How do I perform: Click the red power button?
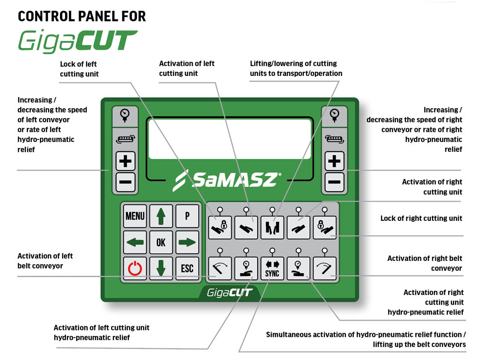[x=135, y=268]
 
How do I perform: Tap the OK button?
[x=161, y=242]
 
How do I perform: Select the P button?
[x=187, y=216]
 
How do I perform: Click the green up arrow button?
[x=161, y=216]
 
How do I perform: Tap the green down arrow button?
[x=161, y=268]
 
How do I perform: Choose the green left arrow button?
[x=135, y=242]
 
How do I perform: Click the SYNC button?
[x=272, y=269]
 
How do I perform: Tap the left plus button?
[x=125, y=161]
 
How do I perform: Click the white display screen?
[x=230, y=139]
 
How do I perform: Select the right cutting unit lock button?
[x=325, y=227]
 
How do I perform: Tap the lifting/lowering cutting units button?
[x=272, y=227]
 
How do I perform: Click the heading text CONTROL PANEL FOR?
[x=82, y=17]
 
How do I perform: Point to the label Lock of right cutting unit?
[x=421, y=219]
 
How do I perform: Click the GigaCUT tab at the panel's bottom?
[x=230, y=292]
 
